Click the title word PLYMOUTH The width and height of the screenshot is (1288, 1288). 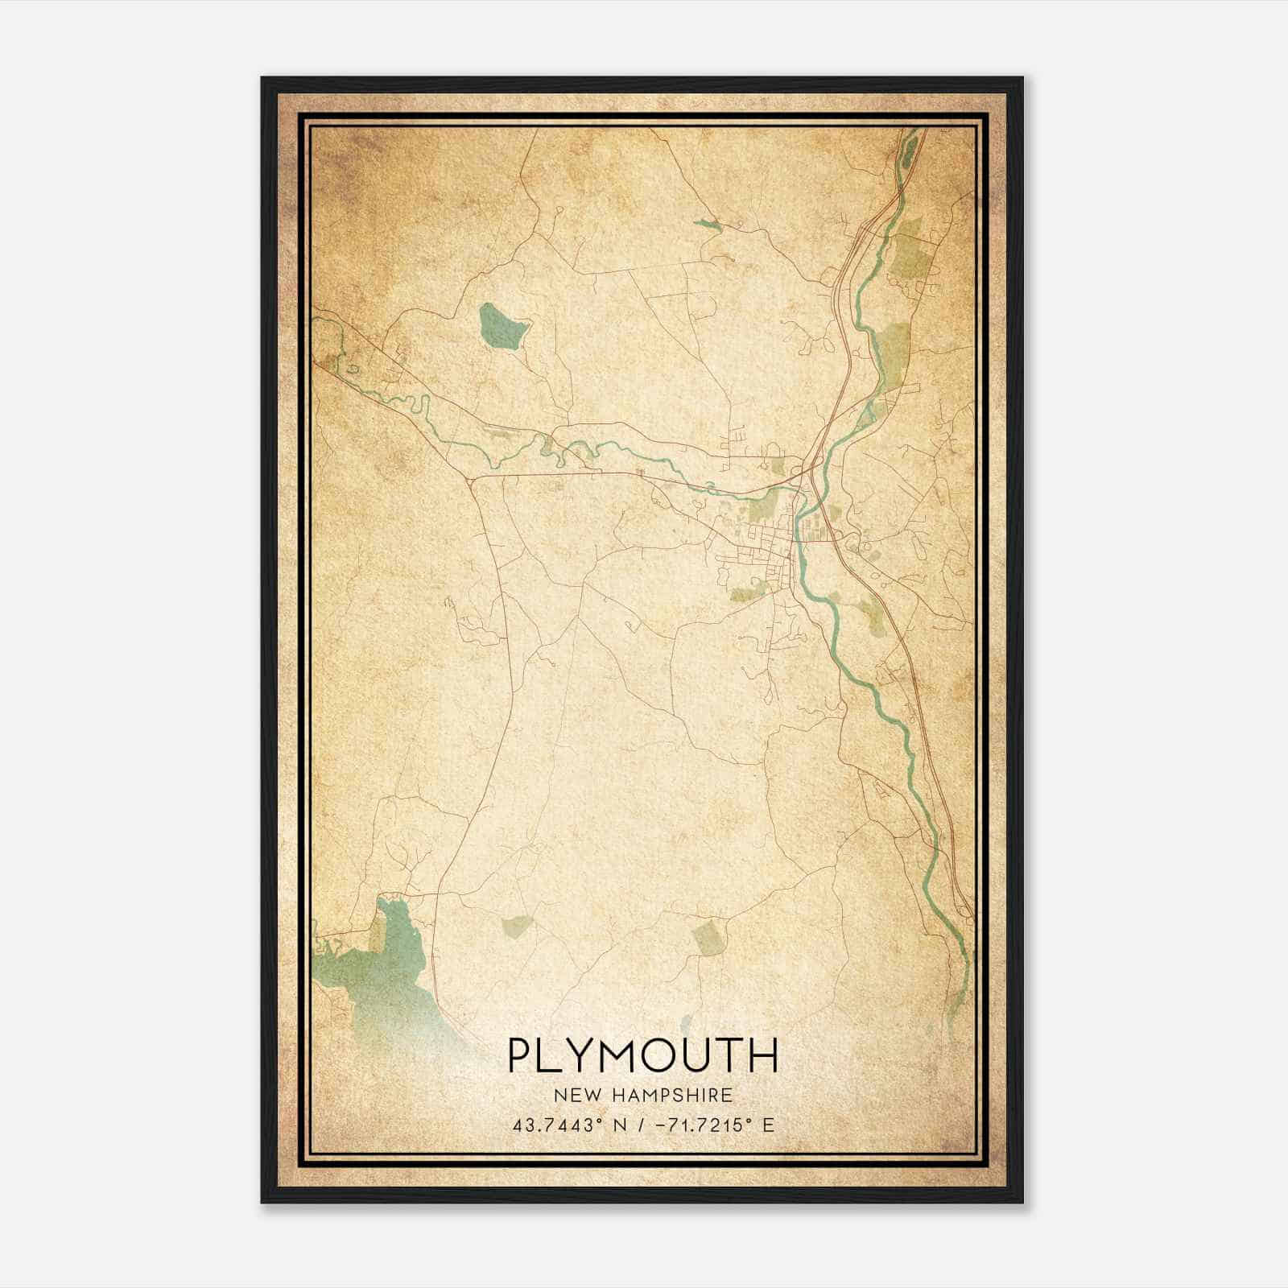(x=642, y=1055)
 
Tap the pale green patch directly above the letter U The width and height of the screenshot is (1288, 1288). (x=709, y=939)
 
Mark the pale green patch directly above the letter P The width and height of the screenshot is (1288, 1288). (x=516, y=927)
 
